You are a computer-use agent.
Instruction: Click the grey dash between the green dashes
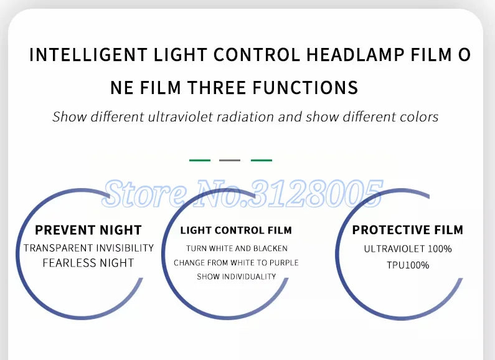coord(230,160)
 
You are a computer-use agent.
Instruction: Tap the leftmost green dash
coord(200,160)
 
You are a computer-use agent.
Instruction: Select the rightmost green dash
coord(262,160)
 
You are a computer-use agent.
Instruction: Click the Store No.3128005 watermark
coord(243,193)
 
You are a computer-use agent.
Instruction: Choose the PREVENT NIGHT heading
coord(88,230)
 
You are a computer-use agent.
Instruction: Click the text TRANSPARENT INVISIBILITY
coord(88,248)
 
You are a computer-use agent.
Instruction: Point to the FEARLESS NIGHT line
coord(88,263)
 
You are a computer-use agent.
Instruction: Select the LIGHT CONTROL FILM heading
coord(236,230)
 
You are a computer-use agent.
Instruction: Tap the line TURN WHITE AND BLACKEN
coord(236,249)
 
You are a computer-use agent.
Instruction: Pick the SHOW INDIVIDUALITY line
coord(236,277)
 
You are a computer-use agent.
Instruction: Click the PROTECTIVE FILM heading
coord(408,230)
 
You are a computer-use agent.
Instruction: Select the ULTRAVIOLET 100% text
coord(408,249)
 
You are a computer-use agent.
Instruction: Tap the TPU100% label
coord(408,265)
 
